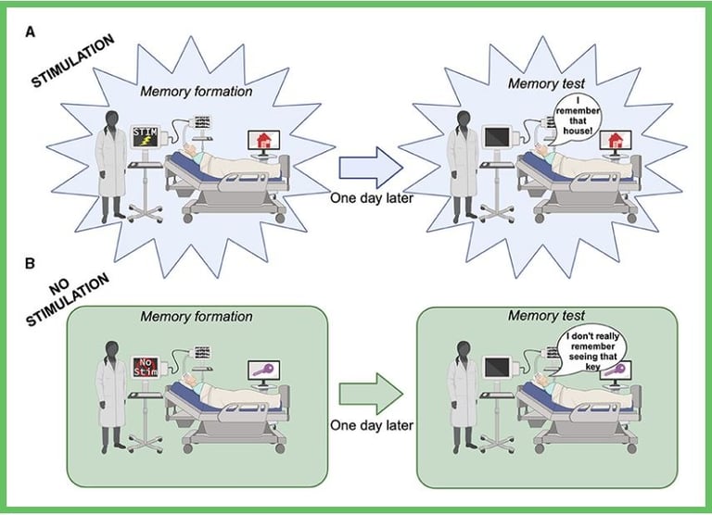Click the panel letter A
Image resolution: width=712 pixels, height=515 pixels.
pyautogui.click(x=31, y=31)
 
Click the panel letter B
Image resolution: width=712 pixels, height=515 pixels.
pyautogui.click(x=30, y=264)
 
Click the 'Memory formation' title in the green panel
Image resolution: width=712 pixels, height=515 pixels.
pyautogui.click(x=197, y=316)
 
